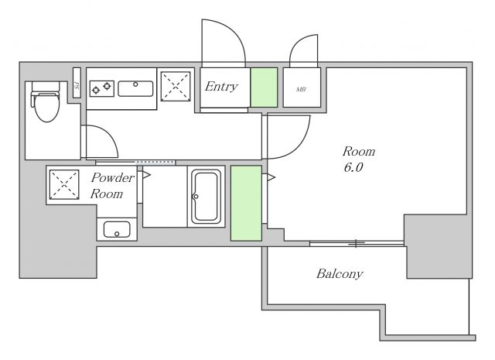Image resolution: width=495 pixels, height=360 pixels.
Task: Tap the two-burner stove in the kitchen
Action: pos(101,88)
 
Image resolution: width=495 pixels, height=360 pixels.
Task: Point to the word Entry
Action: pos(221,87)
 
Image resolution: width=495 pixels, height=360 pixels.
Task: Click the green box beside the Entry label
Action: pos(264,87)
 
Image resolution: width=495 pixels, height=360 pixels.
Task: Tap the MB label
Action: pos(300,90)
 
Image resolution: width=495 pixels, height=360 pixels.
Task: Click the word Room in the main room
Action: pos(358,151)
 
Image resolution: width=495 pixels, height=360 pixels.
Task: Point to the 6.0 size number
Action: pos(353,168)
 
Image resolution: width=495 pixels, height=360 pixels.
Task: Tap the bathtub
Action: pos(207,197)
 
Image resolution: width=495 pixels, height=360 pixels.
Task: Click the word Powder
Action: pos(113,178)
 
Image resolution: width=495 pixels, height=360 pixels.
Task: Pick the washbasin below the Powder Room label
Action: pos(116,230)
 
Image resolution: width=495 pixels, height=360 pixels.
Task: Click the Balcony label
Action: pos(340,274)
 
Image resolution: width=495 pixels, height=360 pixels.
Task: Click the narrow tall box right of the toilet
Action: pos(77,84)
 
